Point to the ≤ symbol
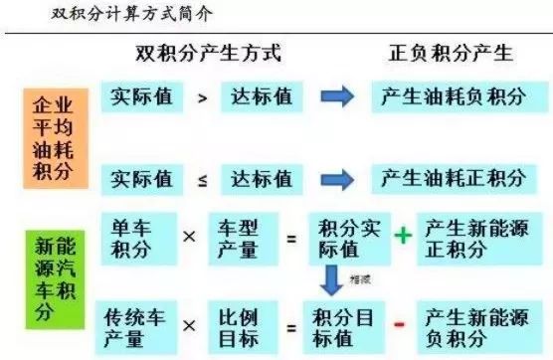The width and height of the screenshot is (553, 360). (201, 179)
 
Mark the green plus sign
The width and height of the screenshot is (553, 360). (402, 236)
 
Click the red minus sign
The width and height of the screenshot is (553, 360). (400, 325)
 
